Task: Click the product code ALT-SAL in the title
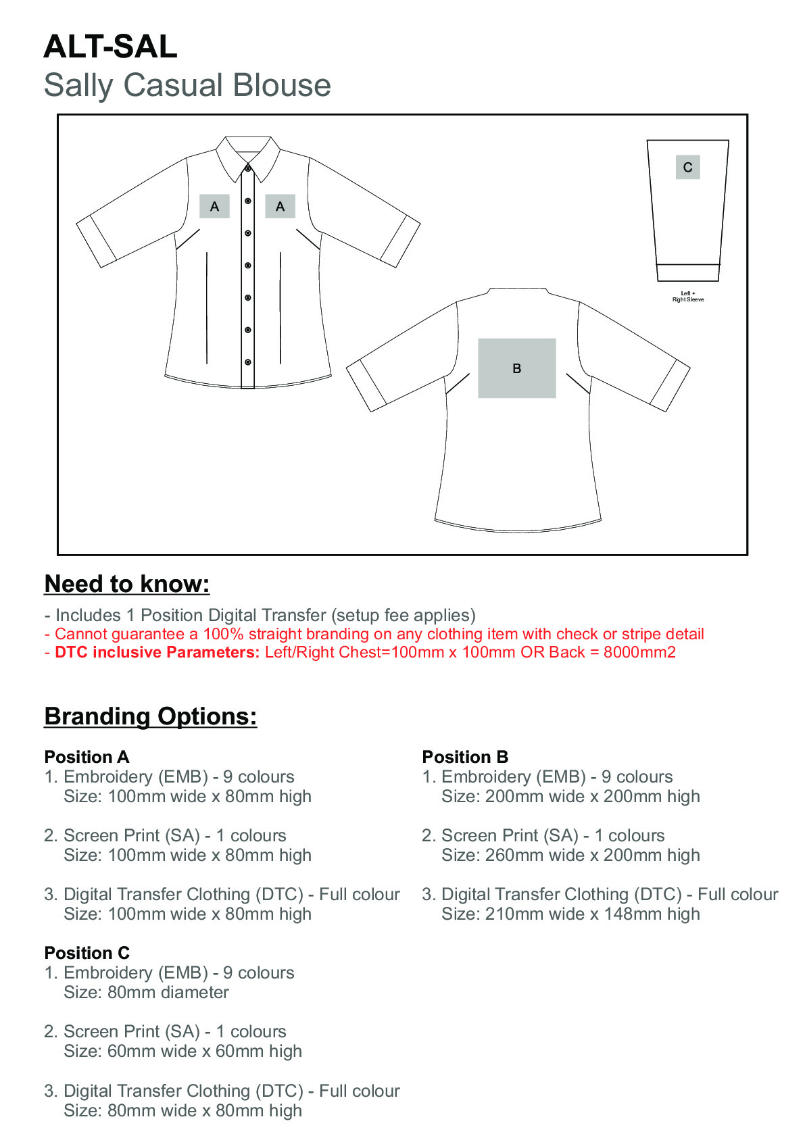[110, 47]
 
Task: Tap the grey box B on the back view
[516, 368]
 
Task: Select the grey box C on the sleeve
[687, 168]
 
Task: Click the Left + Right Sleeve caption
[687, 297]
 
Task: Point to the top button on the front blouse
[248, 168]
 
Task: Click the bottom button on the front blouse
[248, 362]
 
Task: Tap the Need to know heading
[127, 584]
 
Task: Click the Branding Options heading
[151, 716]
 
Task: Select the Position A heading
[87, 757]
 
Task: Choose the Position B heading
[465, 757]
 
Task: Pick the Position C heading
[87, 953]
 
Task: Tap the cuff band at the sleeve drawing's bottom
[687, 272]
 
